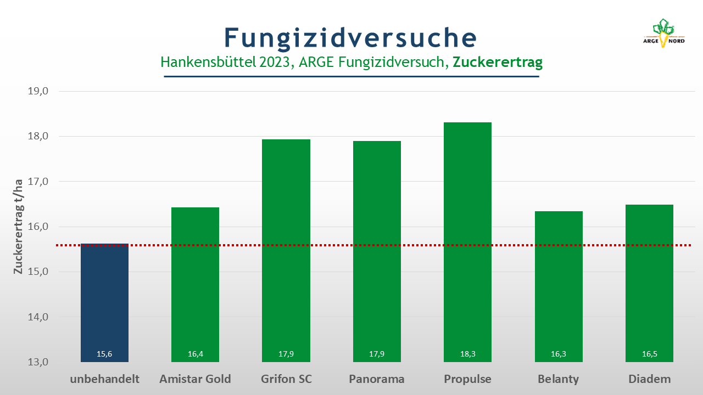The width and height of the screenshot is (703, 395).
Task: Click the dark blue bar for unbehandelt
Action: (104, 303)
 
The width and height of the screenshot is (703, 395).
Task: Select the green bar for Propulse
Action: (467, 242)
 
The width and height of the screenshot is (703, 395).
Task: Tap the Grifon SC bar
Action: (286, 251)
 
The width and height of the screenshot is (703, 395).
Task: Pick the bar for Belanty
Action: (559, 286)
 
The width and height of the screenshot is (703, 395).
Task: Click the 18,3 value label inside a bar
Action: (467, 354)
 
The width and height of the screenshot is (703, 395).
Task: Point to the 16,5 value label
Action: (649, 354)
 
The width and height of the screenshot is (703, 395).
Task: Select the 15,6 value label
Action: (104, 354)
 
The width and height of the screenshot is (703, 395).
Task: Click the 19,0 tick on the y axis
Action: (38, 91)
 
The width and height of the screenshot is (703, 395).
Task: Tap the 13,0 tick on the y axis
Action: (38, 362)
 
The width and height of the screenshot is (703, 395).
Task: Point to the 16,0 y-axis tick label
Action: (38, 227)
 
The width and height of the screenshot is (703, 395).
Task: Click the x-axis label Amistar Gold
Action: (195, 379)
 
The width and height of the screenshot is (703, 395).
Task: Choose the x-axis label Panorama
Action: (377, 379)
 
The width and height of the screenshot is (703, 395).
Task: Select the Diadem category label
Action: (650, 379)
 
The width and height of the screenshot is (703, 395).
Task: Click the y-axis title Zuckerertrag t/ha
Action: (18, 227)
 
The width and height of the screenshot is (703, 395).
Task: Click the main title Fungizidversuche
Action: (350, 38)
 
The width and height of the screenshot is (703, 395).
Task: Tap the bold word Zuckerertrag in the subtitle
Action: (498, 62)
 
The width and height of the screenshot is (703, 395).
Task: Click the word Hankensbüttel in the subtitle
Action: (208, 62)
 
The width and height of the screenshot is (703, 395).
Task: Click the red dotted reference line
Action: (373, 245)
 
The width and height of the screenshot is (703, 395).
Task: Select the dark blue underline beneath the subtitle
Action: (351, 76)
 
